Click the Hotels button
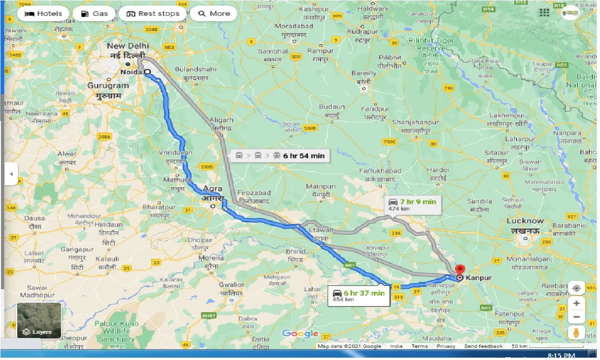point(43,14)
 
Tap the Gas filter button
point(94,14)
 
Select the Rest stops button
point(152,14)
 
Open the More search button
point(214,14)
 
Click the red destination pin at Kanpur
point(460,270)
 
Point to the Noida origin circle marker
point(147,72)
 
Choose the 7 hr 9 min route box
point(412,204)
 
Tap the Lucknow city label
point(525,221)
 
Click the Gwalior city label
point(232,285)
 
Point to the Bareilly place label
point(364,73)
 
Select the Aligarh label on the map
point(222,120)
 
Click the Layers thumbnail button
point(39,321)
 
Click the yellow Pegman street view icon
point(577,333)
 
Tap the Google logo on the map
point(300,334)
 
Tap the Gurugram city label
point(108,86)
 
